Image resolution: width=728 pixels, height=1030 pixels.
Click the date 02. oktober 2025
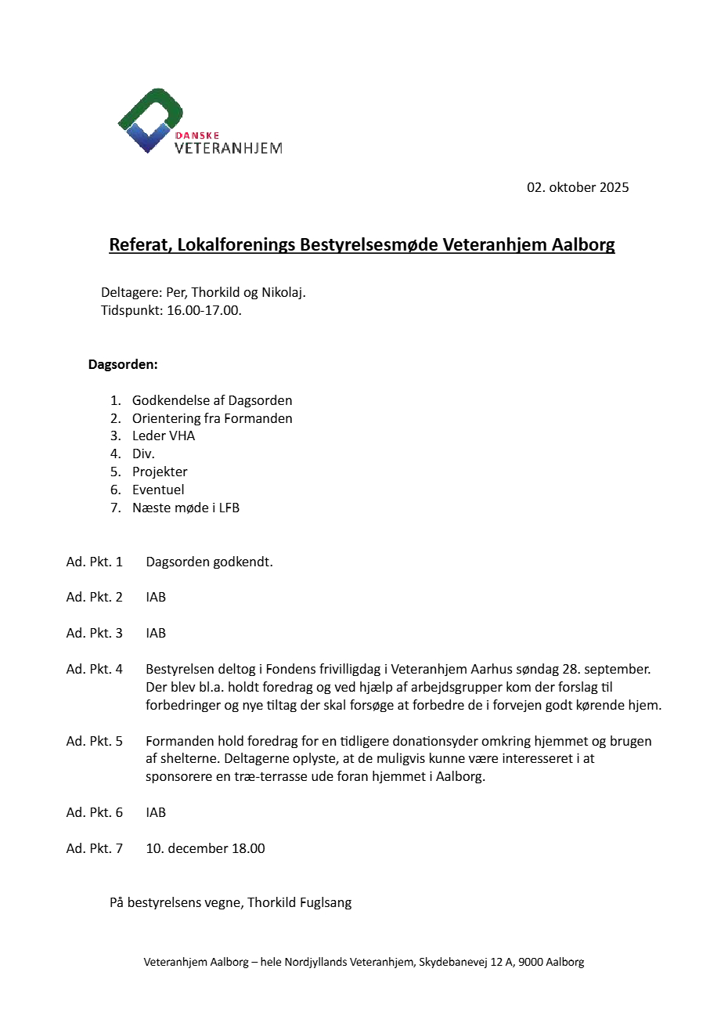coord(578,188)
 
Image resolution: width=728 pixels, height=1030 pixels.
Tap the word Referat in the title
coord(138,245)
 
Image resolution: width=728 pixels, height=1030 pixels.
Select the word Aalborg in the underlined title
coord(583,245)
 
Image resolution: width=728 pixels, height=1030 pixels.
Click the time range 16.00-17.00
coord(204,311)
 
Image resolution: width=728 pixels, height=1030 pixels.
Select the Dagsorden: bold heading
coord(123,365)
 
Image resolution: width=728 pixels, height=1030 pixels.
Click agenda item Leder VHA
coord(164,436)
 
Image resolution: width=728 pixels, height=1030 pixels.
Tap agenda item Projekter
coord(160,472)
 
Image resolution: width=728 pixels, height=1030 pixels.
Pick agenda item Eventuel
coord(158,490)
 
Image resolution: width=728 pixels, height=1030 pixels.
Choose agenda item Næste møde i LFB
coord(186,508)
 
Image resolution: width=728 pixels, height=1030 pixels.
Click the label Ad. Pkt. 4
coord(95,670)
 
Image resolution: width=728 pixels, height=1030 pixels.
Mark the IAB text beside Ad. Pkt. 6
coord(156,813)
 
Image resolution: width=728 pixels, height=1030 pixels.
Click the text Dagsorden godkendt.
coord(209,562)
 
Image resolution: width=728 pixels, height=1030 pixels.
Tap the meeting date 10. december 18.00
coord(205,849)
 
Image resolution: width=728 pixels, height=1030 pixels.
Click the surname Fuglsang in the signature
coord(326,903)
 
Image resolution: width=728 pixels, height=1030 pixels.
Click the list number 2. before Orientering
coord(116,419)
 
